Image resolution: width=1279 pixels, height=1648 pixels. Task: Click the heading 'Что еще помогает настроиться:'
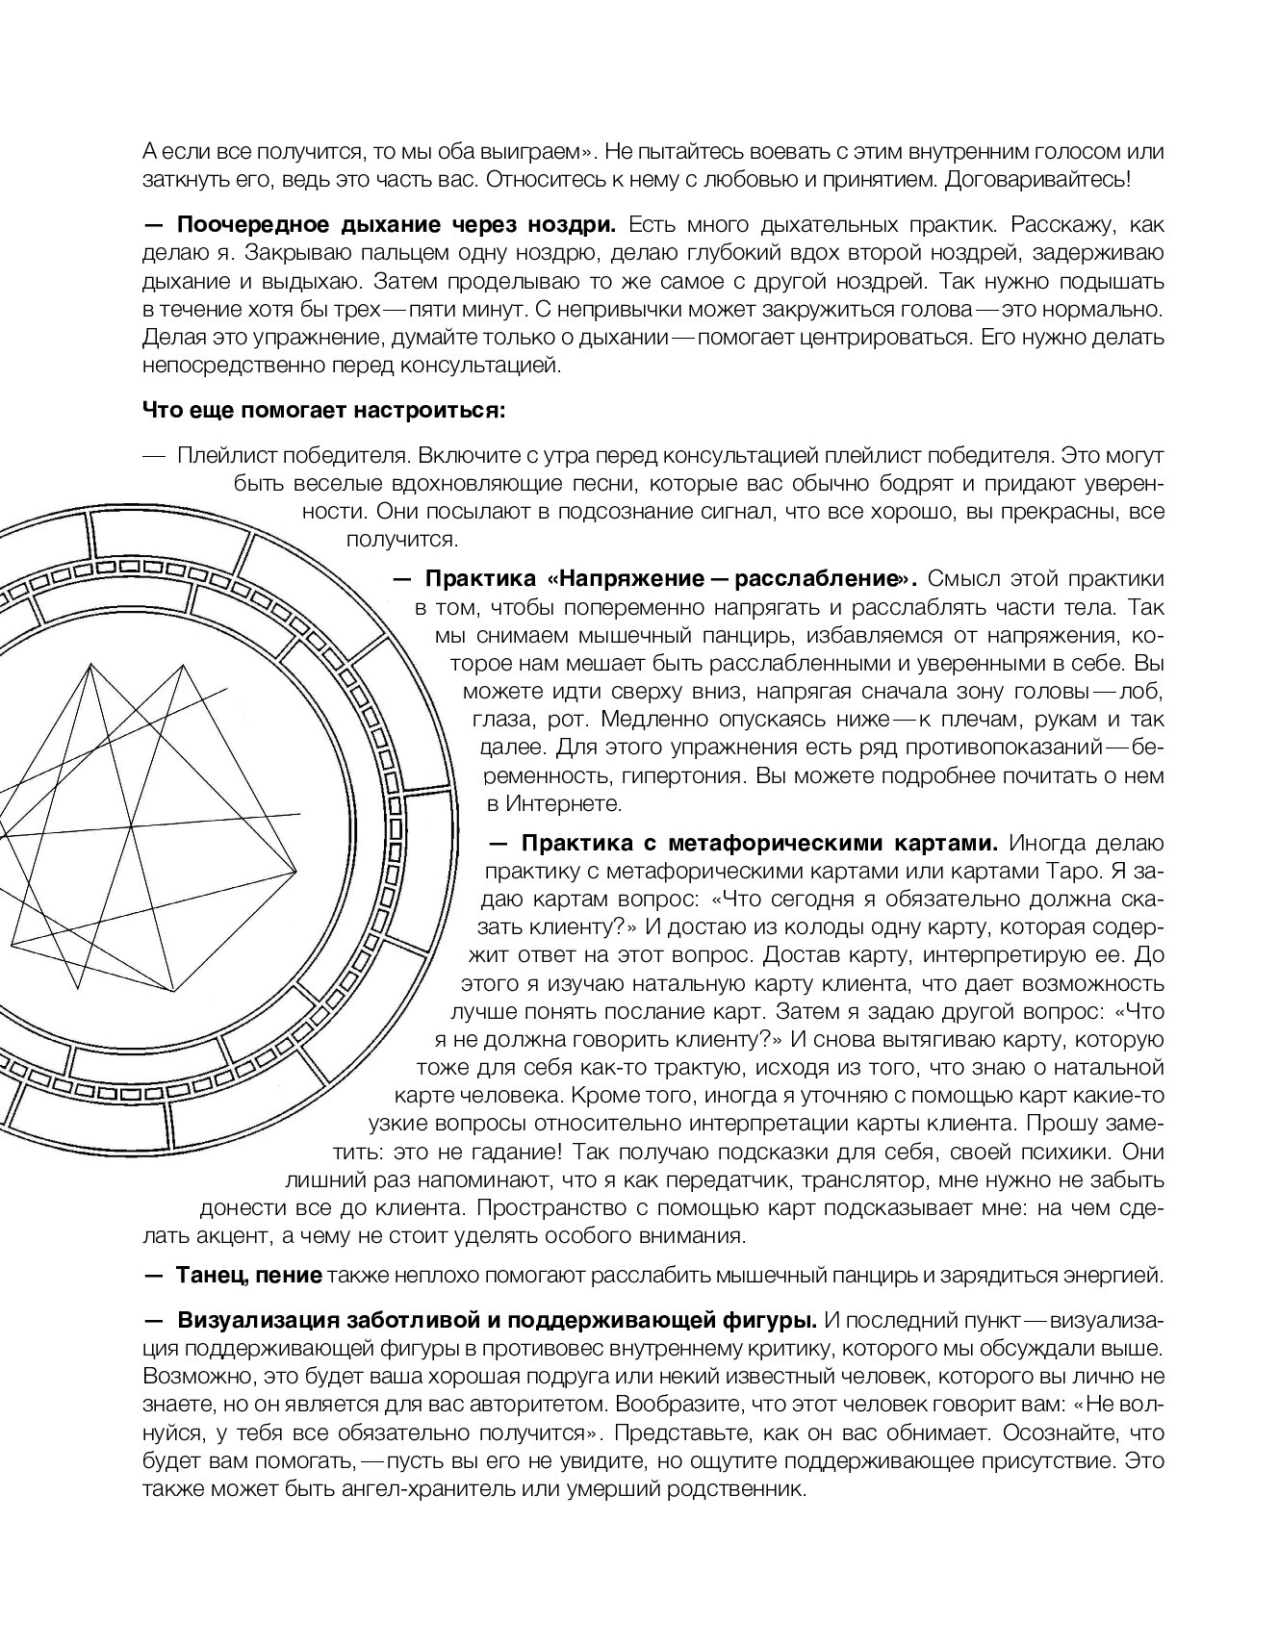coord(323,411)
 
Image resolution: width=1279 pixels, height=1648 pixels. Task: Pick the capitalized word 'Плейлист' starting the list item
coord(216,454)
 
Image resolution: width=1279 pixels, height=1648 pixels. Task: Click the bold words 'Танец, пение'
coord(248,1276)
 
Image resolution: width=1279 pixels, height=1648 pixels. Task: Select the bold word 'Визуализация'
coord(267,1317)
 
